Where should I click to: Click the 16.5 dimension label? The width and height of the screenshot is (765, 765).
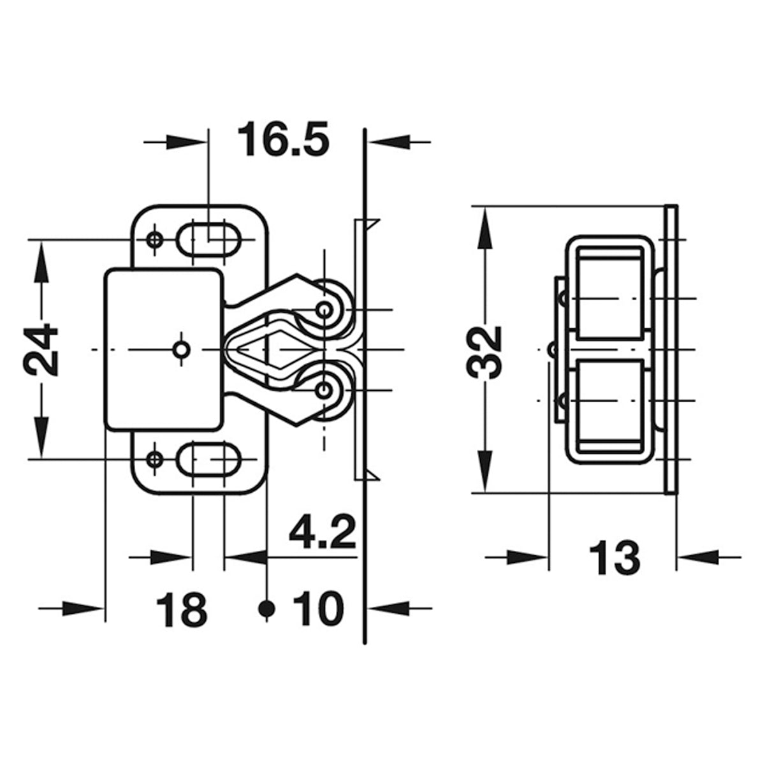tap(283, 142)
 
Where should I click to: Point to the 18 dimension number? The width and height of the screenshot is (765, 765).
tap(182, 609)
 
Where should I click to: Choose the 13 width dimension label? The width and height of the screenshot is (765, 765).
tap(614, 558)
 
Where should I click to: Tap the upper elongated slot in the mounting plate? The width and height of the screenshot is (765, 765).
tap(208, 239)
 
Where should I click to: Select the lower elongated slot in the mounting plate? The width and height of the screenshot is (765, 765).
tap(208, 458)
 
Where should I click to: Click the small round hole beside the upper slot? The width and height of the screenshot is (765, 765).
tap(154, 239)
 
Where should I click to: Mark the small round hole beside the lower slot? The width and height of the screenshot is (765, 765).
tap(154, 458)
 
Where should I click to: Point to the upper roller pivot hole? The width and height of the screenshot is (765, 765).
tap(325, 310)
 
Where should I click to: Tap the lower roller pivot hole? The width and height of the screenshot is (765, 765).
tap(325, 388)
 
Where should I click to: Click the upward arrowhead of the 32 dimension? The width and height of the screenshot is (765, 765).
tap(484, 223)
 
